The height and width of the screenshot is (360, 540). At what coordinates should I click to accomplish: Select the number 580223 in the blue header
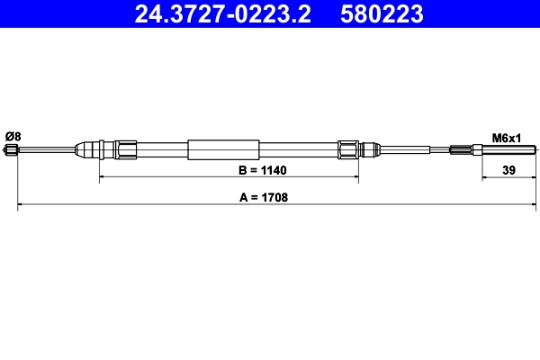pyautogui.click(x=382, y=13)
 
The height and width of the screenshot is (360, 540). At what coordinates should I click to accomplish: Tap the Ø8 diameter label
pyautogui.click(x=13, y=136)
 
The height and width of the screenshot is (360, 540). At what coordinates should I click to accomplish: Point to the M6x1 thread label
pyautogui.click(x=507, y=138)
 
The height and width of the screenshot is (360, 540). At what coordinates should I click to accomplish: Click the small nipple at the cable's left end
pyautogui.click(x=13, y=151)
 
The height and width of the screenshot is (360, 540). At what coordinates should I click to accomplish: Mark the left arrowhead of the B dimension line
pyautogui.click(x=102, y=178)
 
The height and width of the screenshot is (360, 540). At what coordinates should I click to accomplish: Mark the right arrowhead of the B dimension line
pyautogui.click(x=356, y=178)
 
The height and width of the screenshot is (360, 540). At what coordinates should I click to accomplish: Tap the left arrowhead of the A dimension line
pyautogui.click(x=22, y=207)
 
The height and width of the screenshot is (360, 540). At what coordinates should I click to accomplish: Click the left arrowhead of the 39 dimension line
pyautogui.click(x=484, y=178)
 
